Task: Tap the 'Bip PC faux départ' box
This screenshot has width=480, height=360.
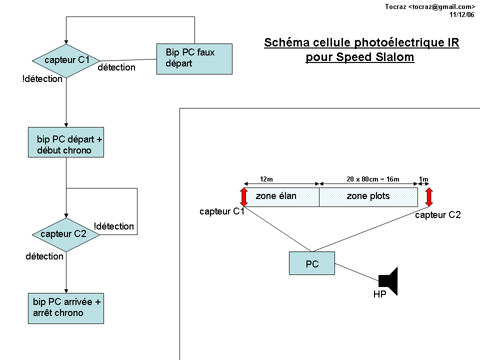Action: tap(194, 58)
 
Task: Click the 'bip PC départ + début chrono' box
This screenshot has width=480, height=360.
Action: tap(66, 142)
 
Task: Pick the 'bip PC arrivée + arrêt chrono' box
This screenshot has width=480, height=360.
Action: tap(66, 308)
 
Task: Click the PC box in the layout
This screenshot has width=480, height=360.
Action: tap(312, 263)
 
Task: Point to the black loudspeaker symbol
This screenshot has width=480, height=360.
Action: tap(388, 280)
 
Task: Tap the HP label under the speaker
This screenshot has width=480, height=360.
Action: tap(379, 295)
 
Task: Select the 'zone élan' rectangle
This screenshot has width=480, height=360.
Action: tap(281, 196)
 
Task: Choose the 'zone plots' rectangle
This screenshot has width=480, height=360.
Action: tap(368, 196)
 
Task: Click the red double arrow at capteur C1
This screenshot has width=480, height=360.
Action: tap(244, 196)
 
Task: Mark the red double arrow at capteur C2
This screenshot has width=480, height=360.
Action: tap(429, 196)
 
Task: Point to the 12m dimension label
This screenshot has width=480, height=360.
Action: tap(266, 179)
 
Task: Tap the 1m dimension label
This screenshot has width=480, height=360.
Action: tap(424, 179)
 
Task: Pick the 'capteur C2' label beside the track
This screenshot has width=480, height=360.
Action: tap(438, 215)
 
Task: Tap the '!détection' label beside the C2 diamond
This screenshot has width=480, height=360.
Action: tap(114, 226)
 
